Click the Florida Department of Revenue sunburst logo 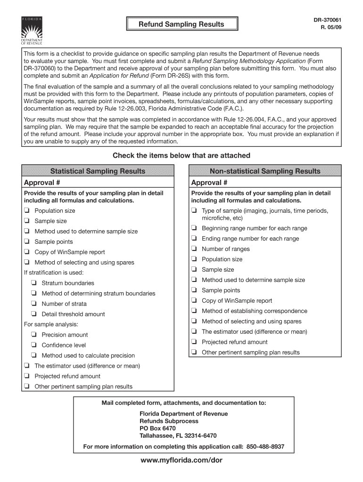click(32, 31)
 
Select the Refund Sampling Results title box click(181, 24)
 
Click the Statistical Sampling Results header click(98, 171)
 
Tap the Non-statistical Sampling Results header click(265, 171)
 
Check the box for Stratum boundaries click(34, 283)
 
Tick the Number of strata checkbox click(34, 304)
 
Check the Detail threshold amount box click(34, 314)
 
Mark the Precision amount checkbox click(34, 335)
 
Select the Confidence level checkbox click(34, 345)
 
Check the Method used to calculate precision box click(34, 355)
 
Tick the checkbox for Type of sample click(194, 211)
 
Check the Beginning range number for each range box click(194, 228)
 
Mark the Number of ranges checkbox click(194, 249)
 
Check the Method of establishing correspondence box click(194, 311)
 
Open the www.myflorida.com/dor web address click(181, 460)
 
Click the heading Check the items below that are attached click(181, 155)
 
